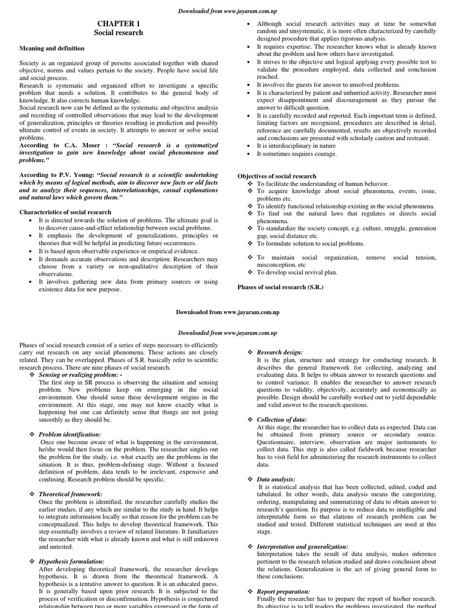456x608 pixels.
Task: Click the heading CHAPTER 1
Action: (119, 23)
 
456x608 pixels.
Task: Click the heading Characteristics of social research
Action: (65, 212)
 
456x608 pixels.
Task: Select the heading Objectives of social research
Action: (277, 176)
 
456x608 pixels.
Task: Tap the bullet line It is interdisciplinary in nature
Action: (296, 145)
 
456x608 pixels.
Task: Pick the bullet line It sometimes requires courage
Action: (296, 154)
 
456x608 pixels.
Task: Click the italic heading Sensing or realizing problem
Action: (80, 376)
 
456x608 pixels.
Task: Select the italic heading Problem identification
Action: (70, 435)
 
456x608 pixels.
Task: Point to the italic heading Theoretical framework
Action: (70, 494)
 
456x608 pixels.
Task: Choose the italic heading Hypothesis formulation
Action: (71, 561)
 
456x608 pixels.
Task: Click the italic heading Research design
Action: (280, 352)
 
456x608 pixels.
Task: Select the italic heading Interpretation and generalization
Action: (302, 546)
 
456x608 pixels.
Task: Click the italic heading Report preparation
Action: (283, 591)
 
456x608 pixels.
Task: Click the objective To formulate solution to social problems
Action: (311, 243)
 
